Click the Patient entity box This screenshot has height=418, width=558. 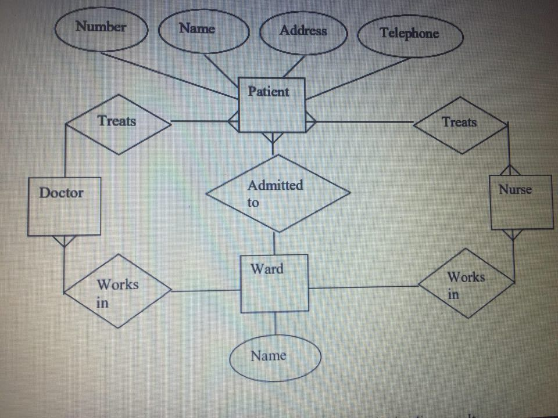click(x=272, y=105)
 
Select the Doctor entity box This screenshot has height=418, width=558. click(x=64, y=207)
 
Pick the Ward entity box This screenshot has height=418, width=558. click(x=274, y=284)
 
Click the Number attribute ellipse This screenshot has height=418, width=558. click(x=101, y=30)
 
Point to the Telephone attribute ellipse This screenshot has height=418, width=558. click(x=410, y=35)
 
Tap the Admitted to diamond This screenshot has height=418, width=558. click(x=278, y=193)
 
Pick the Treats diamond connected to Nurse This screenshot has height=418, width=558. click(x=460, y=124)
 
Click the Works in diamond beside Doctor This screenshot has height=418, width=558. click(x=118, y=290)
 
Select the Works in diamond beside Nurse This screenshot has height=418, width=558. click(x=466, y=283)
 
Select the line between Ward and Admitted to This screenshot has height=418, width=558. click(x=274, y=244)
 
